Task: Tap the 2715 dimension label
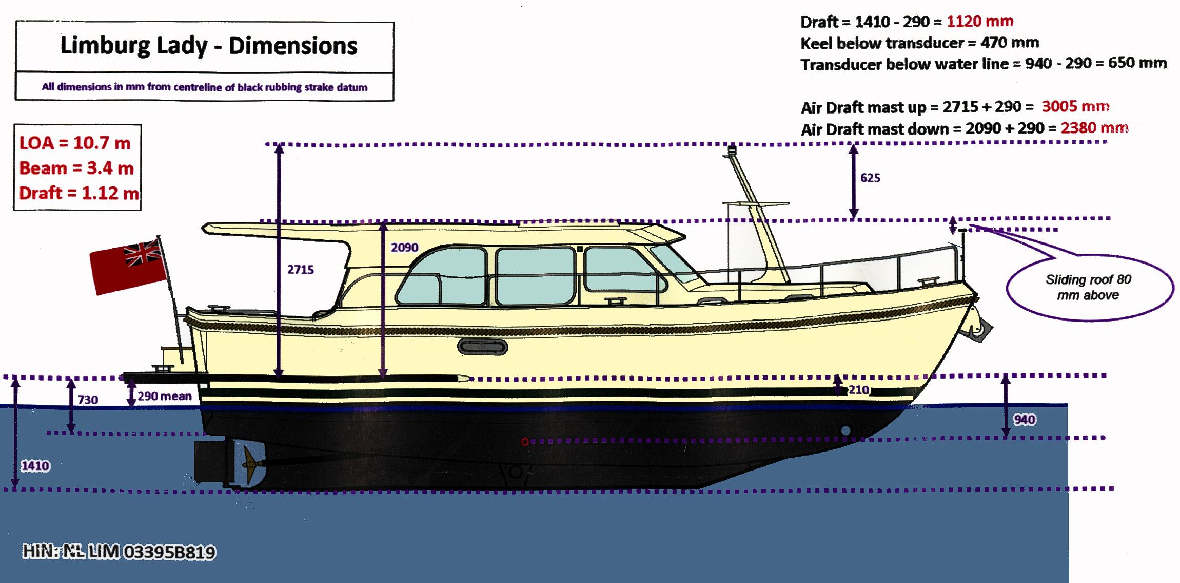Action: point(300,270)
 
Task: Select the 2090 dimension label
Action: point(404,248)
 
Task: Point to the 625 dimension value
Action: point(870,178)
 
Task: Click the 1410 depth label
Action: point(35,466)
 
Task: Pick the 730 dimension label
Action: point(88,400)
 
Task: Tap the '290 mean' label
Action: point(164,396)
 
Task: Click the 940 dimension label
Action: point(1024,420)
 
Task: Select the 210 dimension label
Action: point(858,390)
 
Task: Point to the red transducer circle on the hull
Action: point(525,442)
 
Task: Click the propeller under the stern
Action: point(250,461)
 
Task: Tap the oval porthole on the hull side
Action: point(482,348)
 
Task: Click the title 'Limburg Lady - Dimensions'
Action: point(208,46)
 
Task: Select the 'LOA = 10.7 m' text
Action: point(75,143)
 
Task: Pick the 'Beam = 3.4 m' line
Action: point(76,168)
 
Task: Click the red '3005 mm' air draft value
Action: point(1075,106)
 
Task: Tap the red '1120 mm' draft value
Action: point(980,21)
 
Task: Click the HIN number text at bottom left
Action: point(119,552)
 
